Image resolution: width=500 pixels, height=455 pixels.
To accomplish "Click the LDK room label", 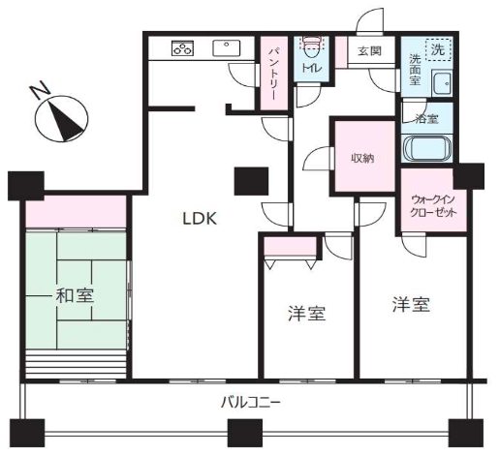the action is pyautogui.click(x=200, y=219).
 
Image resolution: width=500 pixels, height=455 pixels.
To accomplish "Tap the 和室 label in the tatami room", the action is pyautogui.click(x=75, y=295).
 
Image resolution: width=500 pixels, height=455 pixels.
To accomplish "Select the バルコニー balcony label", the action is pyautogui.click(x=250, y=403).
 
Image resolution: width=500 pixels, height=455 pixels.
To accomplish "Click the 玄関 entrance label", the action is pyautogui.click(x=369, y=50).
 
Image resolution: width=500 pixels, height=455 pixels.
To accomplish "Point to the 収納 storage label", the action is pyautogui.click(x=362, y=158).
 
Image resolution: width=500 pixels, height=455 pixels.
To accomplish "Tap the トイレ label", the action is pyautogui.click(x=311, y=68).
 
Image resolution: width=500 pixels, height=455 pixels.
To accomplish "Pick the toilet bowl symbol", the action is pyautogui.click(x=312, y=43).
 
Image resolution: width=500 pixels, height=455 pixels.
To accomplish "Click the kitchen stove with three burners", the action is pyautogui.click(x=182, y=48).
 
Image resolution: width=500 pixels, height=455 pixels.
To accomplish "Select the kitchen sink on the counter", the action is pyautogui.click(x=226, y=48).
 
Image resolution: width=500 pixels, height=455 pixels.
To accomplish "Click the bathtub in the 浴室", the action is pyautogui.click(x=426, y=149).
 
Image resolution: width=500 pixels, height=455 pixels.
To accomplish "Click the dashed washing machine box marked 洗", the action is pyautogui.click(x=438, y=48).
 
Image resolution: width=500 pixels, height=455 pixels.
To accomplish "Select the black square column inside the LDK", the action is pyautogui.click(x=251, y=181).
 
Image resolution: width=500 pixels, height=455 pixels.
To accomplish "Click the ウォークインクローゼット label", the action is pyautogui.click(x=433, y=206).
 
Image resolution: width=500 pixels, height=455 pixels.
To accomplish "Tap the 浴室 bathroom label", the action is pyautogui.click(x=426, y=119).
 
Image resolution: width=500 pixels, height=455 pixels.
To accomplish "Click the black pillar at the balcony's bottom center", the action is pyautogui.click(x=245, y=433).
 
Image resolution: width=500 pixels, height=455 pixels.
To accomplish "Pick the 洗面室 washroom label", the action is pyautogui.click(x=415, y=70).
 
